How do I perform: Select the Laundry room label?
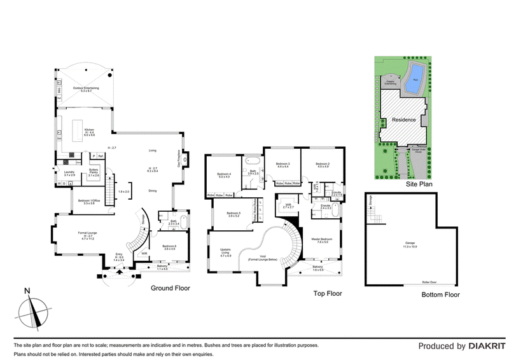click(x=69, y=173)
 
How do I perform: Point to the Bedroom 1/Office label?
click(x=87, y=202)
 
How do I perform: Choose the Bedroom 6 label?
click(x=169, y=247)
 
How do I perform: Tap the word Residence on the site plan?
click(x=403, y=120)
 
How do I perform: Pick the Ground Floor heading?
click(x=170, y=288)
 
